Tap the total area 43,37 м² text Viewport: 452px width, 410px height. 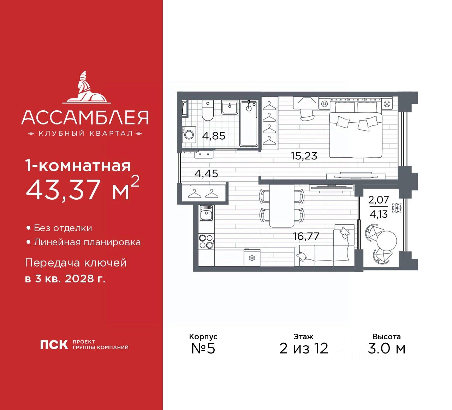click(x=83, y=189)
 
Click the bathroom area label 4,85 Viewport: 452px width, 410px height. click(x=214, y=136)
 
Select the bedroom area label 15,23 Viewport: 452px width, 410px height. click(x=304, y=156)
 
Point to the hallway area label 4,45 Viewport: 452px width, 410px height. click(x=206, y=174)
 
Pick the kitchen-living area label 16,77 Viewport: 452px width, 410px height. click(x=306, y=236)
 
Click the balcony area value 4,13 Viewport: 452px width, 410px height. click(x=379, y=214)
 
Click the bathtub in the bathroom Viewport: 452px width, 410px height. click(x=249, y=123)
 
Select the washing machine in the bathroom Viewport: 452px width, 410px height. click(x=189, y=135)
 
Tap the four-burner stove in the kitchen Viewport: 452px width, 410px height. click(x=206, y=241)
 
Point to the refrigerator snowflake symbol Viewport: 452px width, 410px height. click(x=252, y=258)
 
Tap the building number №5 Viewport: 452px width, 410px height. click(x=203, y=348)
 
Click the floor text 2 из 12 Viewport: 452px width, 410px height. click(x=304, y=348)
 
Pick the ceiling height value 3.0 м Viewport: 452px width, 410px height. click(x=386, y=348)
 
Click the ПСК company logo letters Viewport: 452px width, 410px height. click(x=54, y=344)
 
